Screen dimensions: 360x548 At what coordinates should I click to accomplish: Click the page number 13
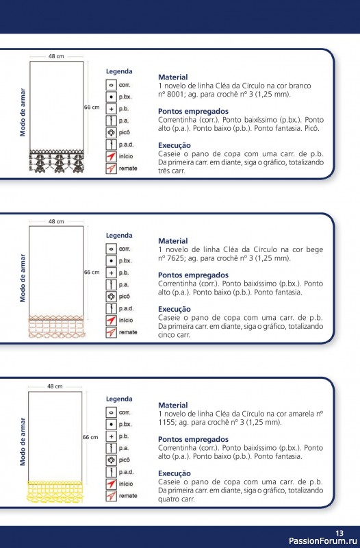(x=339, y=533)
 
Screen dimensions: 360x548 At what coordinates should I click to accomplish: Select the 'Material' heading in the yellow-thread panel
(x=172, y=406)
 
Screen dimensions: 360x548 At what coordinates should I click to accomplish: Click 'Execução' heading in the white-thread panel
(x=175, y=145)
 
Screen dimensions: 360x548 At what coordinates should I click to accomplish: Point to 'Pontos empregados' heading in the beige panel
(x=193, y=275)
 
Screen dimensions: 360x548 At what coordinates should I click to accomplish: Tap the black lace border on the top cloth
(x=56, y=161)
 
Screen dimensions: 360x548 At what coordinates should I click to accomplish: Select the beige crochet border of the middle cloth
(x=55, y=325)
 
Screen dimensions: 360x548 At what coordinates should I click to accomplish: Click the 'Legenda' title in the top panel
(x=119, y=71)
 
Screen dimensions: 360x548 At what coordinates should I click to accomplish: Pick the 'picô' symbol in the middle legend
(x=110, y=297)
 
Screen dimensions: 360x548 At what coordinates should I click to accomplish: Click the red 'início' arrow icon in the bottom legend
(x=110, y=484)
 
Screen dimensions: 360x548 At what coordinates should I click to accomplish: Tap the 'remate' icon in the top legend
(x=110, y=169)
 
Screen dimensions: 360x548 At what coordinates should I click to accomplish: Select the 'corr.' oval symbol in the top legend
(x=110, y=84)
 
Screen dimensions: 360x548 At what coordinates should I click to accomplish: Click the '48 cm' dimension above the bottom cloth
(x=55, y=386)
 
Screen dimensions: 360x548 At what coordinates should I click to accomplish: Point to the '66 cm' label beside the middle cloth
(x=91, y=272)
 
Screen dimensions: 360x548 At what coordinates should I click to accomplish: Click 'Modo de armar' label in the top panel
(x=23, y=112)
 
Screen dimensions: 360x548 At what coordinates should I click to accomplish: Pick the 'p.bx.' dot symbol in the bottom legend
(x=110, y=425)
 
